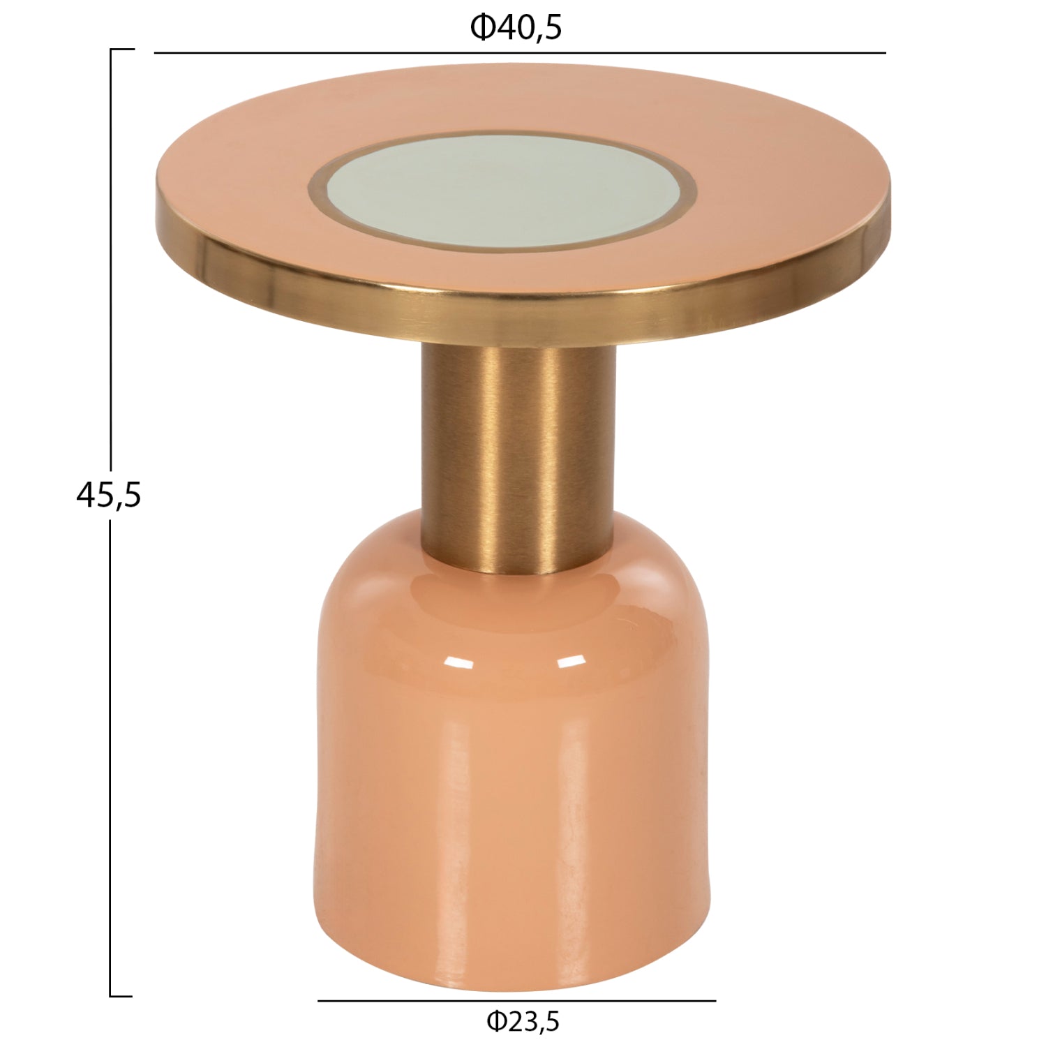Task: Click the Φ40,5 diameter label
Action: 516,29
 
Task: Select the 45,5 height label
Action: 108,495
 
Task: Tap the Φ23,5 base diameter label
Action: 523,1023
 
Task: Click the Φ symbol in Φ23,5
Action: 496,1023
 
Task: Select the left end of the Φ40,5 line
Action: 156,53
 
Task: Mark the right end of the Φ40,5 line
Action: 885,53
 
